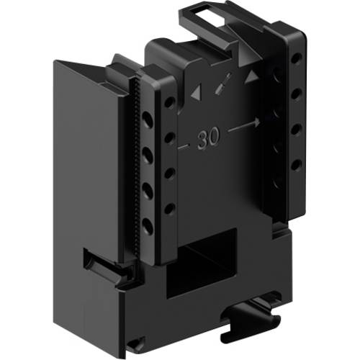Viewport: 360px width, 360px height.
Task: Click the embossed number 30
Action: coord(210,138)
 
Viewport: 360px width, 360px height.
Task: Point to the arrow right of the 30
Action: coord(243,127)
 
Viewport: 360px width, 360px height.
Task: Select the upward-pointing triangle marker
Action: coord(251,76)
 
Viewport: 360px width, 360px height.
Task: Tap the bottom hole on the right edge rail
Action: coord(295,165)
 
